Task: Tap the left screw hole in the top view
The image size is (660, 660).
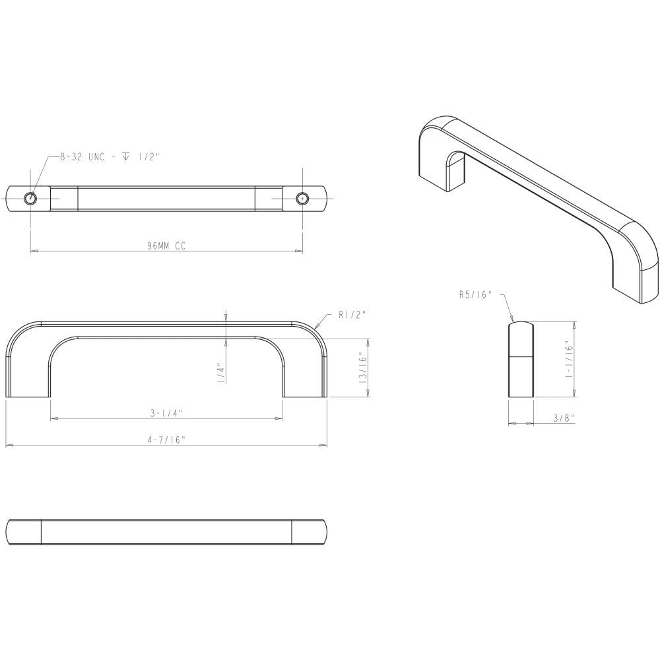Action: coord(30,198)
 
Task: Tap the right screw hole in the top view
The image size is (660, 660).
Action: coord(302,198)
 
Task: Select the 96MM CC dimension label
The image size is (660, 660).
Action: coord(166,246)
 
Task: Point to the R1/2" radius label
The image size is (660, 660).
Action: coord(352,315)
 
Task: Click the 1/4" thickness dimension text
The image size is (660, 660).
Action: coord(221,374)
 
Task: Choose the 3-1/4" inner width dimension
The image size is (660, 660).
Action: coord(166,413)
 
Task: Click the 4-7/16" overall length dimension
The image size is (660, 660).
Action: coord(166,440)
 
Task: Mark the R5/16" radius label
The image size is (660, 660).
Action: coord(476,295)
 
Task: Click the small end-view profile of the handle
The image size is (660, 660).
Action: coord(521,360)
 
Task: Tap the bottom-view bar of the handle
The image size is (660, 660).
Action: coord(166,532)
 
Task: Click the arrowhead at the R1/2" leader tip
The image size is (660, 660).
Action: coord(318,328)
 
